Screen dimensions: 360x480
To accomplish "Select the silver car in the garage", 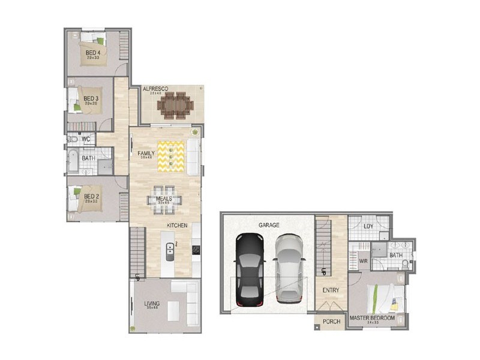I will coord(289,268).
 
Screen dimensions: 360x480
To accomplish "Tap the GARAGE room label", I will coord(269,225).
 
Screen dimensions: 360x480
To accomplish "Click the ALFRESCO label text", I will coord(155,89).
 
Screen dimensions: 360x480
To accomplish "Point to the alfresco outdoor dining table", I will coord(175,106).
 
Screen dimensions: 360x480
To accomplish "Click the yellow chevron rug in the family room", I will coord(171,156).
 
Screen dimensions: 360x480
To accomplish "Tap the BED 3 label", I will coord(91,98).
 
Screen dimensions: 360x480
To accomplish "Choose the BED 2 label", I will coord(91,196).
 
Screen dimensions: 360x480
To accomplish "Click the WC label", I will coord(86,139).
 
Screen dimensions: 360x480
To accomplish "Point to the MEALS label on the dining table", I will coord(164,199).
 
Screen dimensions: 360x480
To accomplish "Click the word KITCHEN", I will coord(177,225).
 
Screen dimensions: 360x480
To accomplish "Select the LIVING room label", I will coord(152,304).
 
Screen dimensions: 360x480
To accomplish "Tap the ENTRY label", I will coord(331,290).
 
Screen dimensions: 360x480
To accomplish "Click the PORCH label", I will coord(331,322).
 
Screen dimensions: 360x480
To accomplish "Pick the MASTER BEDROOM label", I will coord(372,317).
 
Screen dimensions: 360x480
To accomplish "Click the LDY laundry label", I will coord(368,226).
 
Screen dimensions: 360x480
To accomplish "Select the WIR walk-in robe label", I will coord(363,261).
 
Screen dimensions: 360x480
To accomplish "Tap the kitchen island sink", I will coord(170,251).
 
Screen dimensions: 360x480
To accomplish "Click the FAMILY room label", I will coord(146,154).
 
